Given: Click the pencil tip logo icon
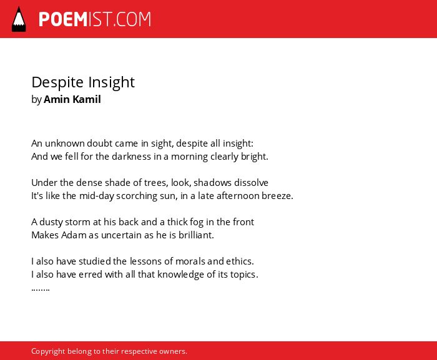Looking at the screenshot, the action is pos(19,19).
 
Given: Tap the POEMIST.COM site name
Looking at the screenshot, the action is pos(95,19).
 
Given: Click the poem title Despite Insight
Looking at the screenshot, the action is pos(83,82).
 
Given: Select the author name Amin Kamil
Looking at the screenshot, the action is pos(72,99).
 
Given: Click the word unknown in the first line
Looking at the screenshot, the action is pos(65,144).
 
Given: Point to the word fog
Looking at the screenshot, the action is pos(197,222).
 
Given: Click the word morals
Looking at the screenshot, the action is pos(190,261).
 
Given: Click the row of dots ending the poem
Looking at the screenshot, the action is pos(41,289).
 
